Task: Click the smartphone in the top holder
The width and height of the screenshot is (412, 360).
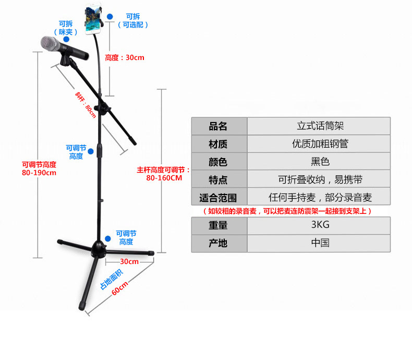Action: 95,20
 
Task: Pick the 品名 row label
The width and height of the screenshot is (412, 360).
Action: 218,126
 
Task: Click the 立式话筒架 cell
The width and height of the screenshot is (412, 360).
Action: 320,126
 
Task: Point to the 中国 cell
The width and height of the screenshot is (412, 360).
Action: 320,243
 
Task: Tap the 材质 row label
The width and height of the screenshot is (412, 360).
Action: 218,143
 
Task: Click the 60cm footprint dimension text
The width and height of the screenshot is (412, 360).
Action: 119,287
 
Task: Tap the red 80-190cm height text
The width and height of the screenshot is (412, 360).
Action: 39,173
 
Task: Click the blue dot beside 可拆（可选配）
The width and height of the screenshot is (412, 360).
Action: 110,17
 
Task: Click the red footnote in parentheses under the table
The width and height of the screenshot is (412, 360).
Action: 287,211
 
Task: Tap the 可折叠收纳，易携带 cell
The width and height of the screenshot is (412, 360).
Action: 320,179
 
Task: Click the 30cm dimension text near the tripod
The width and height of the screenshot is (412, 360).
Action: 129,261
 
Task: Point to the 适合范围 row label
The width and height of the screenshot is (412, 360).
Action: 218,198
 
